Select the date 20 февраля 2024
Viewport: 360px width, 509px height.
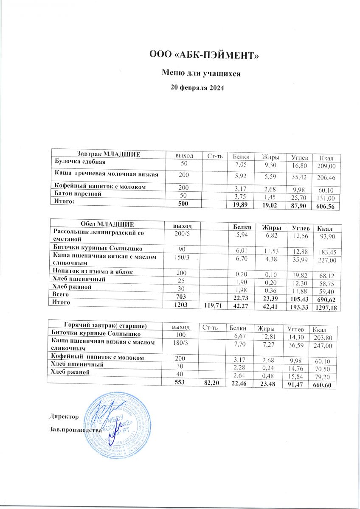(197, 88)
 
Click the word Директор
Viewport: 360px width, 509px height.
(64, 417)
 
